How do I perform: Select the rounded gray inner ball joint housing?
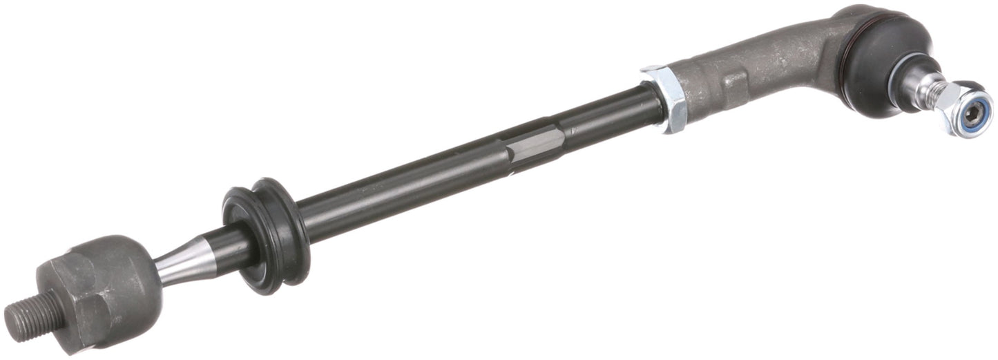pyautogui.click(x=104, y=283)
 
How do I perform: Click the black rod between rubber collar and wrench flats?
pyautogui.click(x=401, y=182)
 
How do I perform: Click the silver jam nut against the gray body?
pyautogui.click(x=664, y=97)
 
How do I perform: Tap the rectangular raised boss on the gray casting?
pyautogui.click(x=733, y=83)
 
